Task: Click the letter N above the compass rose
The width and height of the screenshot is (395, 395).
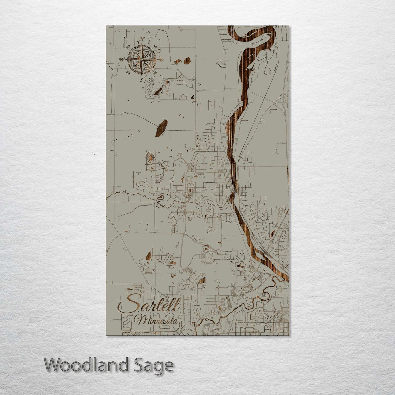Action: click(x=142, y=40)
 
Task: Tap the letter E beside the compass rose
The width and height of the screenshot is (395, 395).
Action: click(x=161, y=59)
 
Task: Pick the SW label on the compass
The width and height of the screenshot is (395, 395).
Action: click(x=128, y=73)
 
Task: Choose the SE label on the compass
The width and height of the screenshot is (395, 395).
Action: click(x=155, y=73)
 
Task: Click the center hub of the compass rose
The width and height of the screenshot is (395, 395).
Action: click(x=142, y=59)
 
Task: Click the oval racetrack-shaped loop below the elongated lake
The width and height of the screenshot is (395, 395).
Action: click(x=150, y=158)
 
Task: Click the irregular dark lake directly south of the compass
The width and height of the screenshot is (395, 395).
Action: click(x=157, y=92)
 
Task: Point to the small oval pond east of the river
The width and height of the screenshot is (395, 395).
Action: click(x=273, y=234)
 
